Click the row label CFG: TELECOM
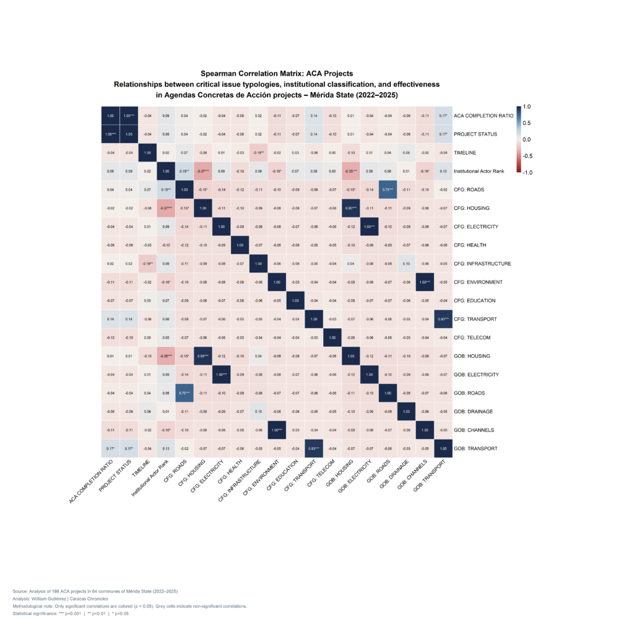(475, 337)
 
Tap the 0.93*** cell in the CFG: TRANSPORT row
(443, 319)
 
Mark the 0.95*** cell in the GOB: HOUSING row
(202, 356)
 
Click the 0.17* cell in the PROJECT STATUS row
(443, 134)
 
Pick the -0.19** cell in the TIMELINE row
(258, 152)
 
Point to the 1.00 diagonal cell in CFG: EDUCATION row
(295, 300)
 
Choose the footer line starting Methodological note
(129, 606)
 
